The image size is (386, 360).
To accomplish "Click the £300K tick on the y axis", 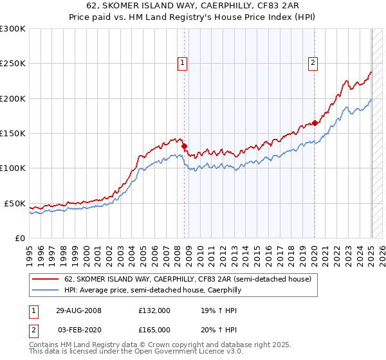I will (13, 29).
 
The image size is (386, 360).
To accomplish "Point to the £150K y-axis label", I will (13, 134).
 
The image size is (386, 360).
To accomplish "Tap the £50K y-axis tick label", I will (15, 203).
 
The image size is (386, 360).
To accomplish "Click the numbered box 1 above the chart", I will (183, 62).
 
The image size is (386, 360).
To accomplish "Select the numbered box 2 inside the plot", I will (313, 62).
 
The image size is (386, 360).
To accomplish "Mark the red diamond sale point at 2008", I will (185, 146).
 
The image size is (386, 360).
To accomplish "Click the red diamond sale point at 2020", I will (315, 123).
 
